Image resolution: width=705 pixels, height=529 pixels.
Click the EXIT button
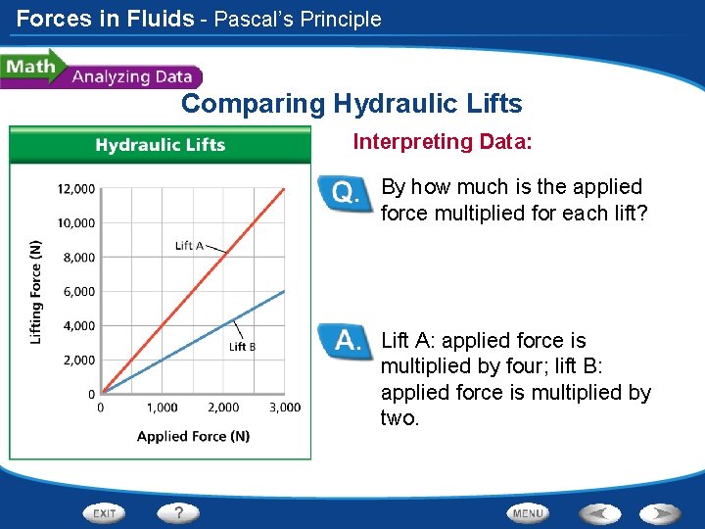(106, 512)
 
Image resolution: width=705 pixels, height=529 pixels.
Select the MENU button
(528, 512)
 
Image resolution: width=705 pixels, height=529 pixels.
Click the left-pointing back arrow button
(599, 512)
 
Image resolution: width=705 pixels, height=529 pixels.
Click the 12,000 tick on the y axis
(75, 188)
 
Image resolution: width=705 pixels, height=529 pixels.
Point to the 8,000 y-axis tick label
(78, 257)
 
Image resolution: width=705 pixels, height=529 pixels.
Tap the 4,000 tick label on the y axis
(78, 325)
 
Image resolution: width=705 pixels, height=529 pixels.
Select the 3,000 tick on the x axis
(285, 408)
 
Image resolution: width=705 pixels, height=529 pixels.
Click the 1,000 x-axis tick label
(163, 408)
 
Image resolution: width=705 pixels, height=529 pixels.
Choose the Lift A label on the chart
(189, 245)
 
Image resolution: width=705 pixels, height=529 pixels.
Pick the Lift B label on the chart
(243, 346)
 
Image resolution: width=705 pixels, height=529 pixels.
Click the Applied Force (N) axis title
(193, 436)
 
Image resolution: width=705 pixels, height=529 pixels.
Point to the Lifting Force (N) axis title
(36, 291)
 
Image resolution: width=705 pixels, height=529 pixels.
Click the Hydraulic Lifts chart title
(160, 145)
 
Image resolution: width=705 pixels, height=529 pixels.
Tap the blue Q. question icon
(345, 194)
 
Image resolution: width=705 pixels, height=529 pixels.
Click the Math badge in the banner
(29, 68)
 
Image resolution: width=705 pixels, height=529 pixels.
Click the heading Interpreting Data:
(443, 142)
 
